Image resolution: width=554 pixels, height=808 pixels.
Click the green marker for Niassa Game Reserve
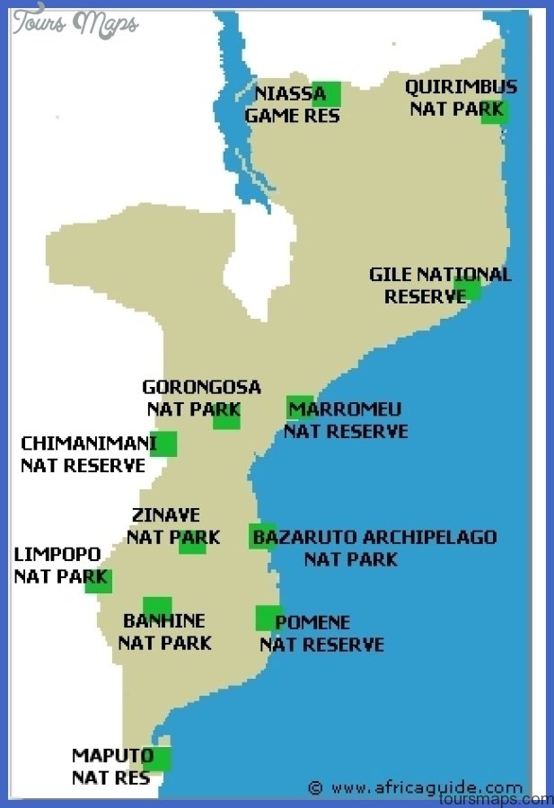tap(327, 93)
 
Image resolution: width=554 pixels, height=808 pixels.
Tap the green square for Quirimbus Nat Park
tap(495, 110)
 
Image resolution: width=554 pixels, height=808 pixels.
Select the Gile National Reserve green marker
tap(468, 289)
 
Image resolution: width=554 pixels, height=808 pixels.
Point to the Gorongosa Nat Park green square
tap(226, 416)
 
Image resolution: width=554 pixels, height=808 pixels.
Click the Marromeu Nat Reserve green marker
tap(300, 408)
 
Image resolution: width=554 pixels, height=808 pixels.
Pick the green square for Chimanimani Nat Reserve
tap(163, 444)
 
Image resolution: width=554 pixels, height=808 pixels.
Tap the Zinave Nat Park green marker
tap(192, 540)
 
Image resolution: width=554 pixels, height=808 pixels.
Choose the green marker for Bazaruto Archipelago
tap(262, 536)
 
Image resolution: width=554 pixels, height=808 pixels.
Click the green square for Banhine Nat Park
tap(157, 608)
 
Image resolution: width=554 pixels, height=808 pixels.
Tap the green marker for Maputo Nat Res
tap(156, 759)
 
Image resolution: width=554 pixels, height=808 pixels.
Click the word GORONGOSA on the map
tap(201, 388)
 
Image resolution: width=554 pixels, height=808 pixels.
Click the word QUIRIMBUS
tap(461, 87)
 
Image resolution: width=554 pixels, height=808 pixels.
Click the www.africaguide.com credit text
tap(426, 787)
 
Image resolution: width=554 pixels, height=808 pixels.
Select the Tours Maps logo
tap(75, 22)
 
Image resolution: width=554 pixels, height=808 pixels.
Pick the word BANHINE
tap(164, 621)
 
